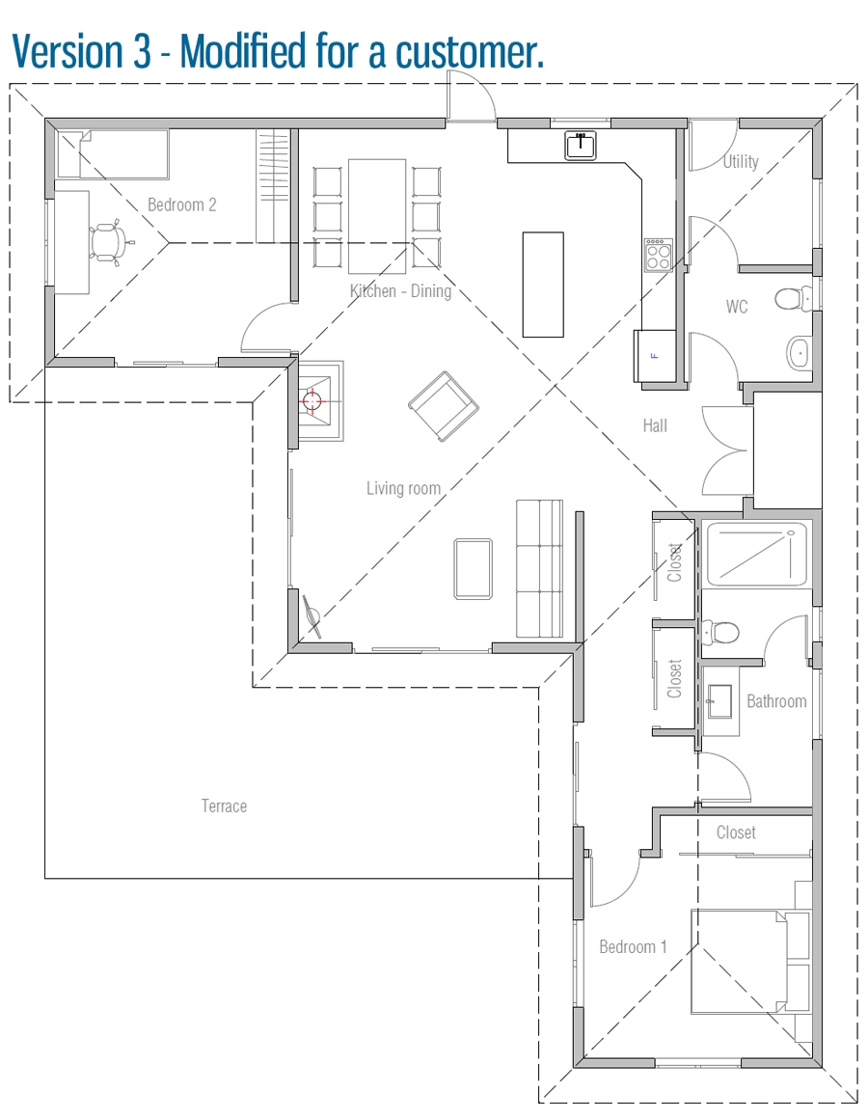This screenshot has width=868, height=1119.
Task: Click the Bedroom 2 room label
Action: click(x=181, y=205)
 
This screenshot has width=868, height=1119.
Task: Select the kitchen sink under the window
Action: click(x=581, y=145)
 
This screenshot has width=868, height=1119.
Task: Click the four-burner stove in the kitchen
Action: click(x=658, y=256)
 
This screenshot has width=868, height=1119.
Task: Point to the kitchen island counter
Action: click(x=543, y=284)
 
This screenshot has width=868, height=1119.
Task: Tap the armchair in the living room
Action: click(x=443, y=406)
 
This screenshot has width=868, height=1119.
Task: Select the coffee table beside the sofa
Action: click(x=473, y=569)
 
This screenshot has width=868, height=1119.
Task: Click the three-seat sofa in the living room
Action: click(x=539, y=569)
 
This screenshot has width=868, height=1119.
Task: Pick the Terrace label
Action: click(x=224, y=805)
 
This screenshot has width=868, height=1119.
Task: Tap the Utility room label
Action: click(x=741, y=161)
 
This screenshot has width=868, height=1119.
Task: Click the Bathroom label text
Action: click(x=776, y=701)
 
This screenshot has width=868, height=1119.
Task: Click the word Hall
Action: click(x=655, y=424)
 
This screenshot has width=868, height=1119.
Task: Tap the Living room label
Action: click(x=403, y=488)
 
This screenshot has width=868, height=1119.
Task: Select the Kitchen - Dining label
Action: click(x=400, y=290)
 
